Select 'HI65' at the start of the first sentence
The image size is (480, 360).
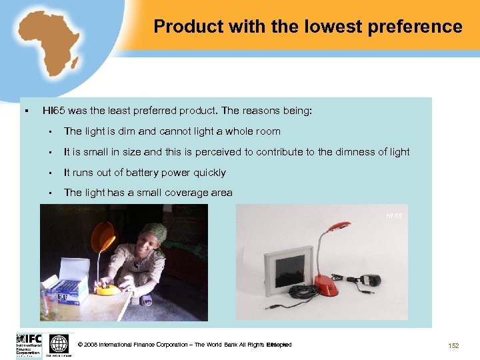tap(54, 111)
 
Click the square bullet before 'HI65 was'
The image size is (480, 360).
tap(24, 111)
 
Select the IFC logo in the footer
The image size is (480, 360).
tap(28, 345)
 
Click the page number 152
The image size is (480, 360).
tap(453, 345)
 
